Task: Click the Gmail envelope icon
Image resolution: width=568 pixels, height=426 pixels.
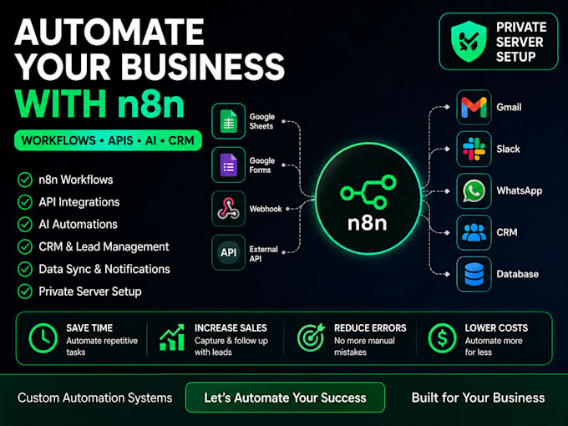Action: pos(474,108)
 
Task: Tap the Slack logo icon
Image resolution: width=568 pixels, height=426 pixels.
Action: pos(474,149)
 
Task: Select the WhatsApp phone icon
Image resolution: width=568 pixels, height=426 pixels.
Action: pos(474,191)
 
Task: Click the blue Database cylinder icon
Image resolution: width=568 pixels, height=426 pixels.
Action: pos(474,274)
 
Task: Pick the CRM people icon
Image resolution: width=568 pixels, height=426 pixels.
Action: pos(474,232)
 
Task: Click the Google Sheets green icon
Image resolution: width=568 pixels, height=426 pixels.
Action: pos(229,121)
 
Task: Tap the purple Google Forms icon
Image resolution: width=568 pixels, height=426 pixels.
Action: pos(229,165)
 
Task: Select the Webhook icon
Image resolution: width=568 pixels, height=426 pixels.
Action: pos(228,209)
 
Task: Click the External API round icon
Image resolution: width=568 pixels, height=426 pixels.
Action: pos(229,252)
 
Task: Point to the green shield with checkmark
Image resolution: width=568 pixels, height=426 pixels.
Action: pos(469,41)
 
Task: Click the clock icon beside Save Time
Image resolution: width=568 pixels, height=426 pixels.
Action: pos(43,338)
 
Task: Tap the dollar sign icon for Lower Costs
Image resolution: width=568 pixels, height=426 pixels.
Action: pos(442,338)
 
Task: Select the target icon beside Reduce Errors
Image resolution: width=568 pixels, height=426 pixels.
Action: pos(312,337)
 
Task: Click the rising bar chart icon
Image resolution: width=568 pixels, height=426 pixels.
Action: pos(172,337)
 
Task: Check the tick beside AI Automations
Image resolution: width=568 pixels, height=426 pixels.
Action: pos(25,225)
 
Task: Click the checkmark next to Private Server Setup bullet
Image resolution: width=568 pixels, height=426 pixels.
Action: pos(25,292)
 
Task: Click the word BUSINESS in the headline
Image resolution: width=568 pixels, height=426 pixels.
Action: pos(203,67)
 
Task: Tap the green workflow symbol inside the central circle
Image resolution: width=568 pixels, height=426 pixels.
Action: pos(368,192)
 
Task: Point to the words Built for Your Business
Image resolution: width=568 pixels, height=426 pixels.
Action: pos(478,398)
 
